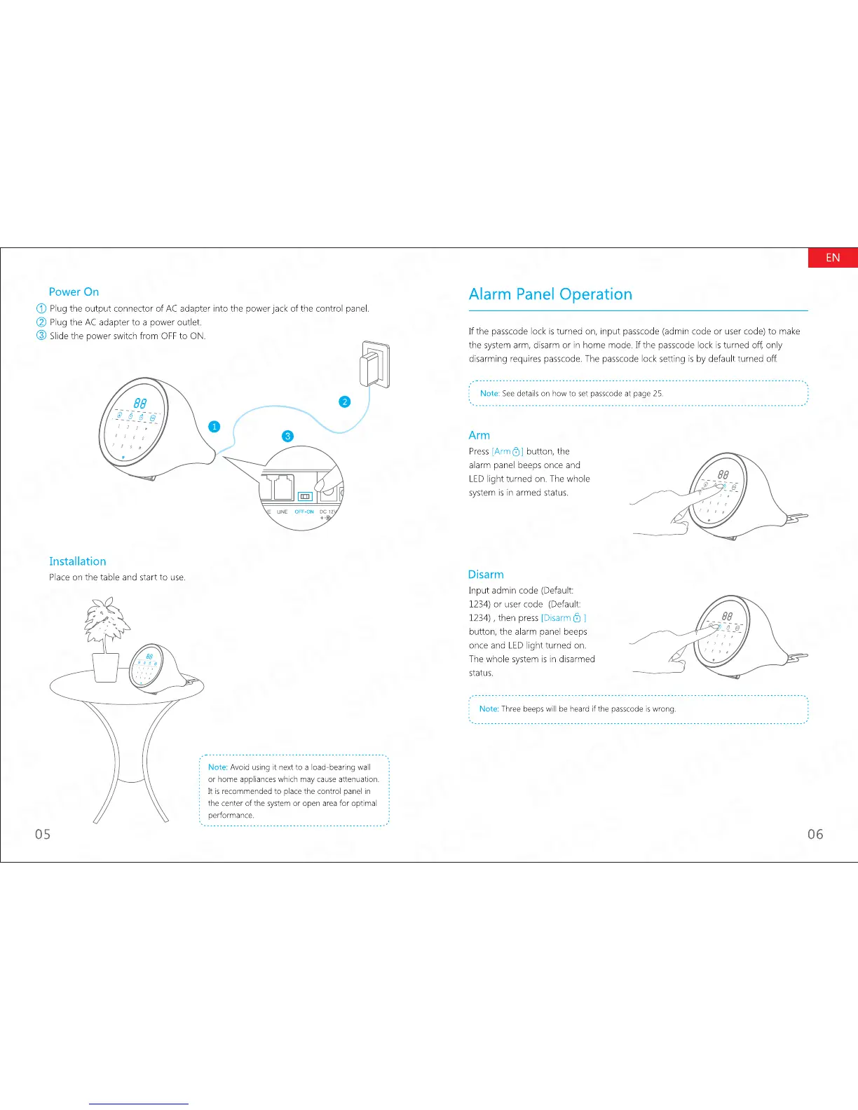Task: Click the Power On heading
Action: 74,292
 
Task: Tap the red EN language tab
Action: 833,257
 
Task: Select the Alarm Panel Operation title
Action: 550,294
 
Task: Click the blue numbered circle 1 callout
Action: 214,426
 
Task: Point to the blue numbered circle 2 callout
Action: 344,402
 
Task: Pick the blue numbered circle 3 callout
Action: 287,436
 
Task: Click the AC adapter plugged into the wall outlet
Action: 369,366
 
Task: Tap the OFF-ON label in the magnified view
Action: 304,512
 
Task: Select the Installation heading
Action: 77,561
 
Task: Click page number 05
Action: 43,834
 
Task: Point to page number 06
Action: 815,834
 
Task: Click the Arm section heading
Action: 479,435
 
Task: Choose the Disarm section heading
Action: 486,575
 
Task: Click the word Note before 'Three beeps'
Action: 489,708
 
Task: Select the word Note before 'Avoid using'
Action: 217,767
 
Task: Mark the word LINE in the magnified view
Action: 282,512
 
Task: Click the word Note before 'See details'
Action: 489,393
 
